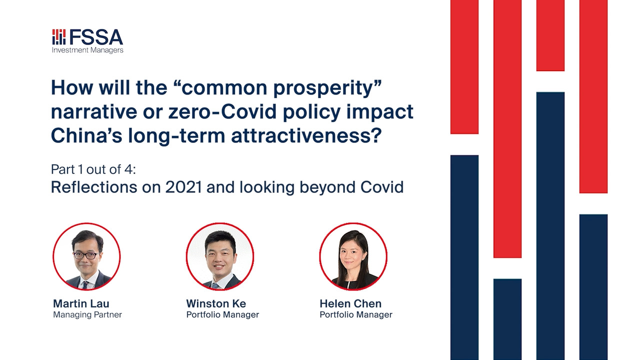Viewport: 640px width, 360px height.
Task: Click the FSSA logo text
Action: coord(96,37)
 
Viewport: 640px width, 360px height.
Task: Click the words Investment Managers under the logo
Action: coord(87,50)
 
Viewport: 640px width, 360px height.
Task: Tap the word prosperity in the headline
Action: coord(327,88)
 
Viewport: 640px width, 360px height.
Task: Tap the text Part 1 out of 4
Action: coord(93,169)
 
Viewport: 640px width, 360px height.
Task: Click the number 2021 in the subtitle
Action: coord(183,187)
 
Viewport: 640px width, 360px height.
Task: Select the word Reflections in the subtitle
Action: coord(94,187)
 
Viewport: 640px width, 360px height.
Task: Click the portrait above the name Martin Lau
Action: coord(86,256)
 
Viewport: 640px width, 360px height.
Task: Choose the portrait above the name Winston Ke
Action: coord(220,256)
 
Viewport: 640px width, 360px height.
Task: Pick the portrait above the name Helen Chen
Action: coord(353,256)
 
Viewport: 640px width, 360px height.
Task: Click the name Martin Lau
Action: coord(81,303)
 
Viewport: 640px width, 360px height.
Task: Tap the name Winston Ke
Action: coord(216,303)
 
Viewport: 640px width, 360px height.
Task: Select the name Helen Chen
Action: coord(350,303)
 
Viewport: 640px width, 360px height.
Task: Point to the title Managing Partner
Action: coord(87,315)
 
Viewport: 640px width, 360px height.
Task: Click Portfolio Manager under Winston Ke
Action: coord(222,315)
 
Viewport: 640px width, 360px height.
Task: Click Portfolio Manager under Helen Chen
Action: coord(356,315)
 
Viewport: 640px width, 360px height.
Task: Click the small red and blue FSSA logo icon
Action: coord(59,37)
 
